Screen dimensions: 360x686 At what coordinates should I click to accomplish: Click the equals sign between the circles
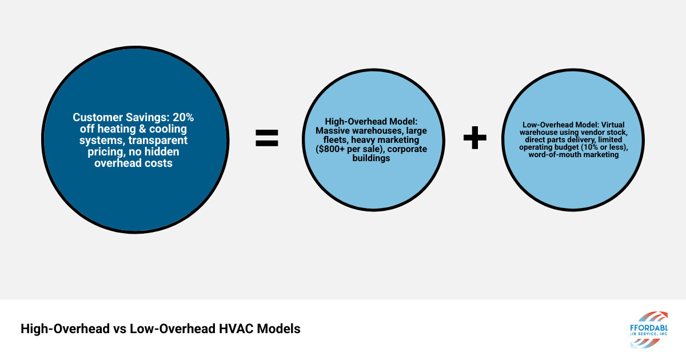[266, 138]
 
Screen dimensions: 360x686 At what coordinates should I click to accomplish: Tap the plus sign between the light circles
[474, 138]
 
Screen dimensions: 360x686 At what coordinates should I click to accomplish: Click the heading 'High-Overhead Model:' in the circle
[364, 121]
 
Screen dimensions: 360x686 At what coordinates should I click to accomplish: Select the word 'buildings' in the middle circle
[365, 158]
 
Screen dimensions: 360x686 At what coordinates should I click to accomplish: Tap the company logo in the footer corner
[648, 330]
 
